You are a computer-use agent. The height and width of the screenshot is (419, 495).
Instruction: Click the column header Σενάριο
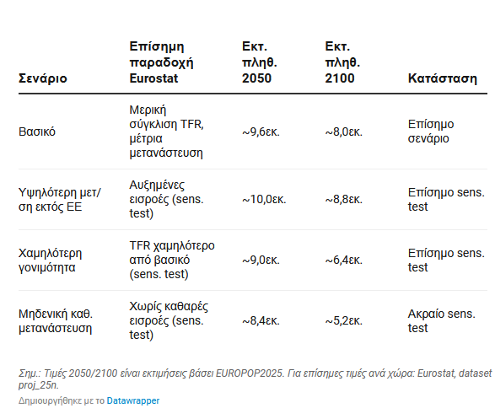(43, 78)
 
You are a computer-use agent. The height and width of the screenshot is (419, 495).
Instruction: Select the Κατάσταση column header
(442, 78)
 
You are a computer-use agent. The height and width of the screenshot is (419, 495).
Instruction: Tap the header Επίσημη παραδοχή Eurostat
(161, 62)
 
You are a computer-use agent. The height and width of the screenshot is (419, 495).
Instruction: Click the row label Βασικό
(37, 132)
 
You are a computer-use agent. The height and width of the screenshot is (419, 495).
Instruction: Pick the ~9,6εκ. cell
(261, 132)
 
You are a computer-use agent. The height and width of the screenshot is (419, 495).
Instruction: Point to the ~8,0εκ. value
(344, 132)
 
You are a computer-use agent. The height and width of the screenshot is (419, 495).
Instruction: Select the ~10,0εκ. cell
(264, 200)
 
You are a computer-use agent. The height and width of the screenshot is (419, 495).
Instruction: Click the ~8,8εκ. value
(344, 200)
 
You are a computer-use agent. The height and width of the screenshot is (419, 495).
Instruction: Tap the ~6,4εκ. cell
(344, 261)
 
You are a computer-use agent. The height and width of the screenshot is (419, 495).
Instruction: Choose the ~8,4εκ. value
(261, 321)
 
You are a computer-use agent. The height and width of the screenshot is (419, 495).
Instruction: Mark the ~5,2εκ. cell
(344, 321)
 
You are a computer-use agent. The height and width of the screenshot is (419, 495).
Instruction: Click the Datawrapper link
(133, 400)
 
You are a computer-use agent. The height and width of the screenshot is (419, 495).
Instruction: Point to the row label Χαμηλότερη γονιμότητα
(51, 261)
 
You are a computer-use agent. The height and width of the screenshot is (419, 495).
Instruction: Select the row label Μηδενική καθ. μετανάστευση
(56, 321)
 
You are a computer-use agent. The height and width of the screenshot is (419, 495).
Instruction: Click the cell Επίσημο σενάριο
(431, 132)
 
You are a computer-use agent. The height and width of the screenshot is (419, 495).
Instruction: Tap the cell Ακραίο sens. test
(441, 321)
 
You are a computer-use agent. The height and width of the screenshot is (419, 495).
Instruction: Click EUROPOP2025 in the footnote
(250, 373)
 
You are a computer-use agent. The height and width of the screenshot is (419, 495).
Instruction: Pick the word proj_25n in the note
(38, 385)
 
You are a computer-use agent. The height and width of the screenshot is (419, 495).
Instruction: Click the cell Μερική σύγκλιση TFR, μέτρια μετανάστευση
(166, 132)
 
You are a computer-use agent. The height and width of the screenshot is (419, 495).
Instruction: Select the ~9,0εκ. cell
(261, 261)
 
